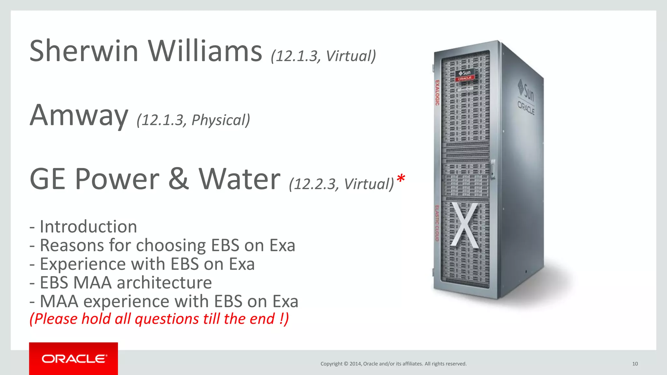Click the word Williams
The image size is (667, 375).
[x=205, y=51]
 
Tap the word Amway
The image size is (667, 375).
[x=79, y=115]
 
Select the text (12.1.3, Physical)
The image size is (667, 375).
[x=193, y=120]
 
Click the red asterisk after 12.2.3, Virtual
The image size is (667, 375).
[x=401, y=179]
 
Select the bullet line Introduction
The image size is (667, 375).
[x=83, y=227]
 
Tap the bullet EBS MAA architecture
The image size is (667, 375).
[x=121, y=283]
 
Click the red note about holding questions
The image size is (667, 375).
[x=159, y=319]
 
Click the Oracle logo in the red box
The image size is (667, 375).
[x=74, y=359]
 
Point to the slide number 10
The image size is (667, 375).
[x=635, y=364]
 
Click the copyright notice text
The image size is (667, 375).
[x=393, y=364]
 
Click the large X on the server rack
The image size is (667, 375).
[x=465, y=225]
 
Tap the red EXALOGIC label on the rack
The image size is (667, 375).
[x=437, y=93]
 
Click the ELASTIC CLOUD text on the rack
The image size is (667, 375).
[x=437, y=223]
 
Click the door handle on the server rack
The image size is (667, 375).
[x=493, y=168]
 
